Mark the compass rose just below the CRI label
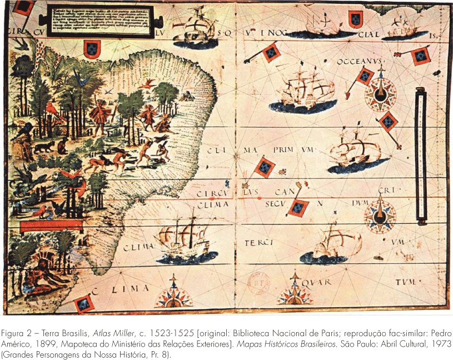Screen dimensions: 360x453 [x=382, y=214]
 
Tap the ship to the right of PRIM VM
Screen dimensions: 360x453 [x=354, y=151]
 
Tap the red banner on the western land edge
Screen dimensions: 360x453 [x=43, y=226]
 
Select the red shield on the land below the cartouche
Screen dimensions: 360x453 [x=90, y=51]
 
